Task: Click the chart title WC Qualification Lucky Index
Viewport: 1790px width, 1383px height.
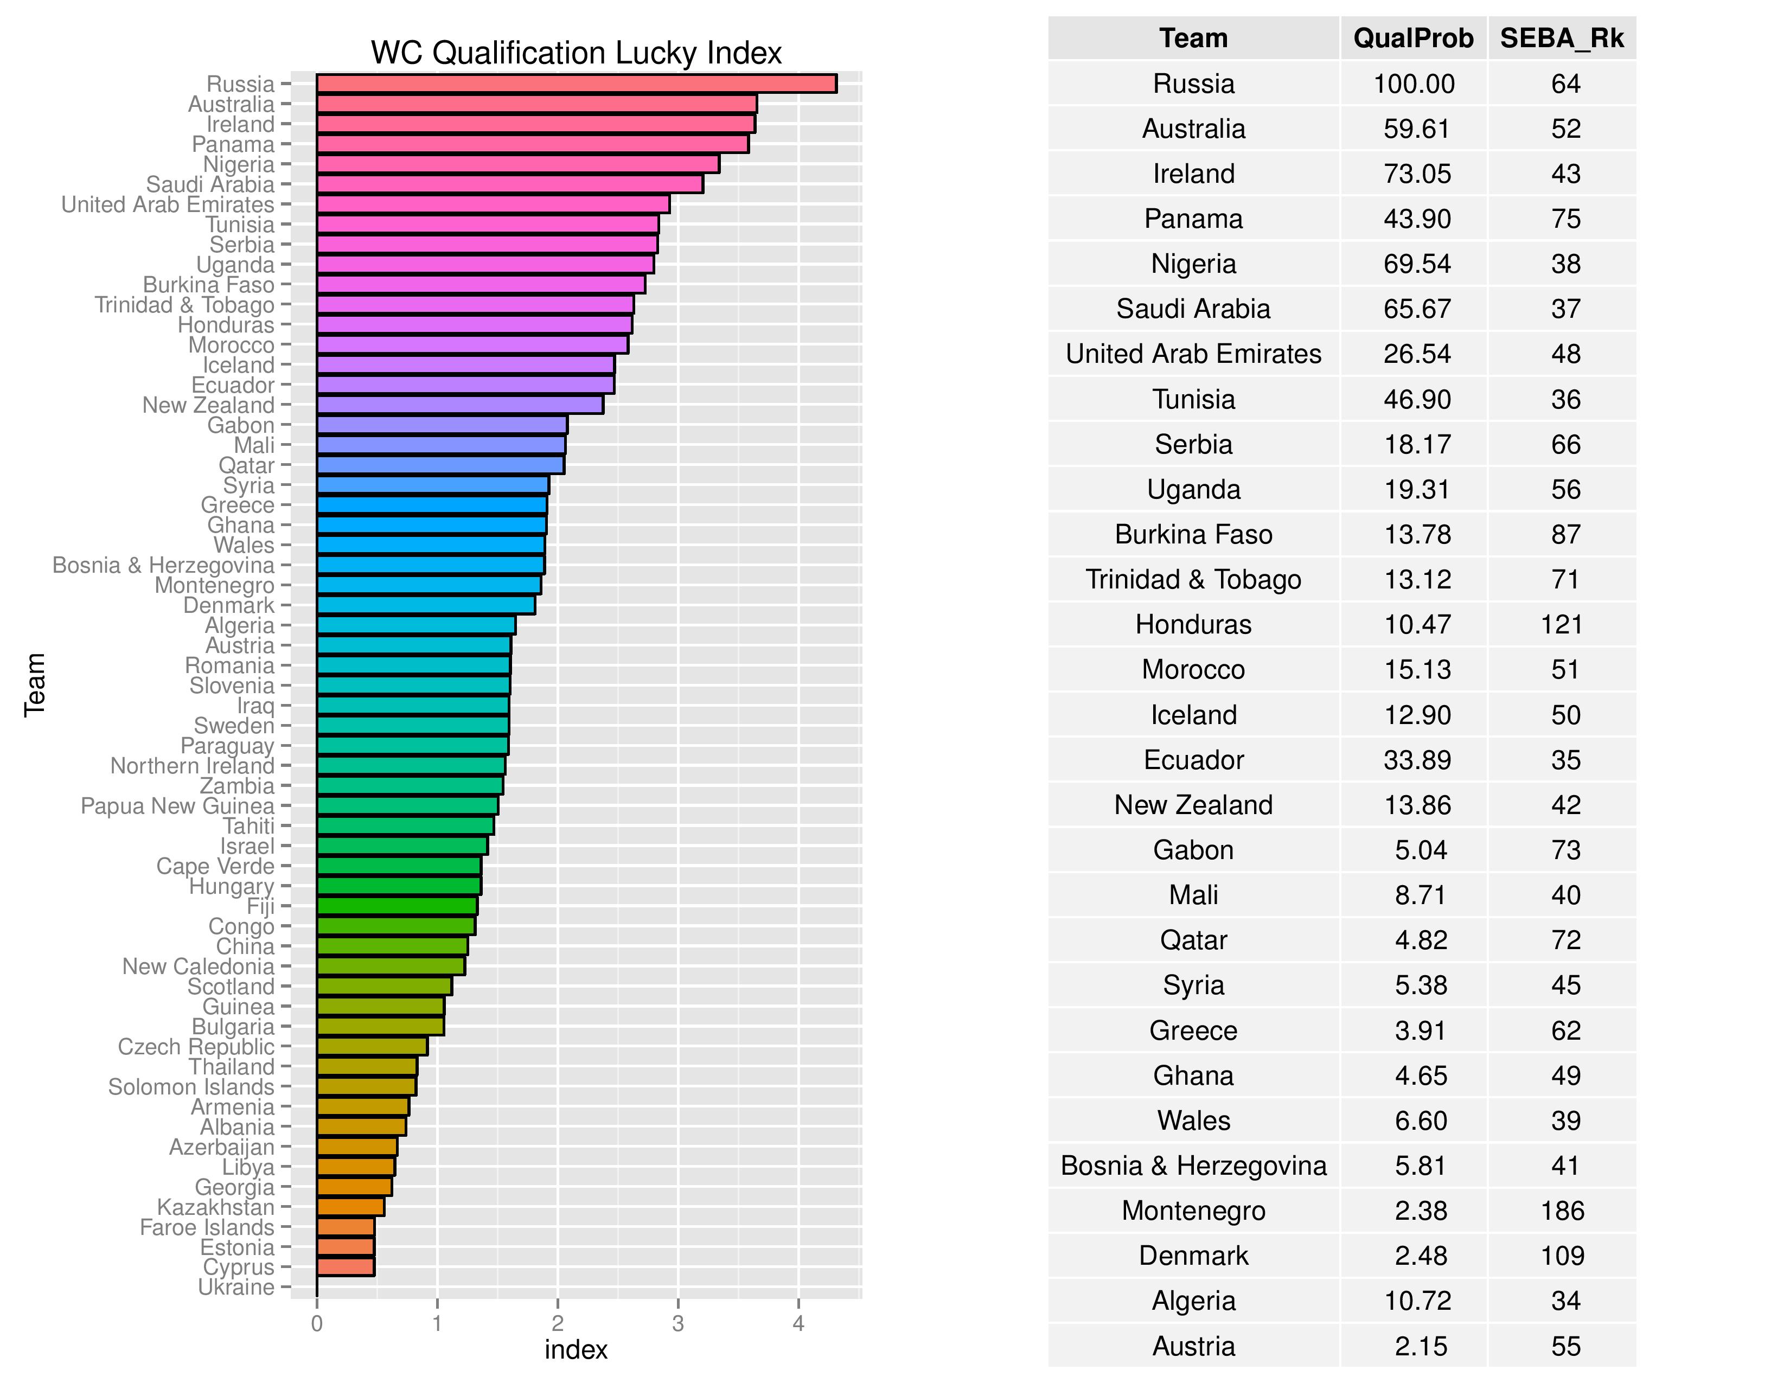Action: (x=576, y=53)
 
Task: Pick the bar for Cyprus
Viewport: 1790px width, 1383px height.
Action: (x=345, y=1266)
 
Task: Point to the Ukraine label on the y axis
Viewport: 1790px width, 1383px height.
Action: (x=236, y=1287)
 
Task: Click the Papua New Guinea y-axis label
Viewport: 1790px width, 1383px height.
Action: (x=177, y=806)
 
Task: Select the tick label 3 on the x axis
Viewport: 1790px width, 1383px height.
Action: (x=678, y=1323)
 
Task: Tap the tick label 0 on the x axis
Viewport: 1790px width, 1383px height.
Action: (x=317, y=1323)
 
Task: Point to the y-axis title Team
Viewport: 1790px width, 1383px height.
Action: (x=34, y=685)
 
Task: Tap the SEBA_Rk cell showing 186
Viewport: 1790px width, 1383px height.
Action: (x=1562, y=1210)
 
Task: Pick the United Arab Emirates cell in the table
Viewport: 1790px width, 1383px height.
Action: (x=1193, y=354)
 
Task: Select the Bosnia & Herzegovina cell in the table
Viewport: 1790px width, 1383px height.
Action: (x=1193, y=1165)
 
